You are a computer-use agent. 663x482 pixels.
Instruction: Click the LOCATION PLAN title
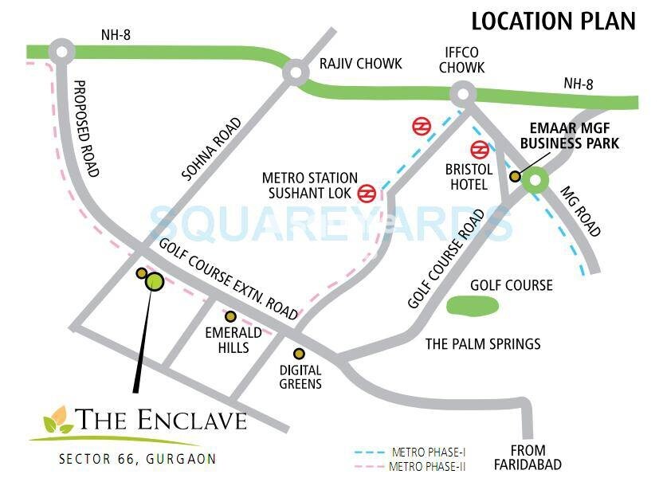[x=553, y=20]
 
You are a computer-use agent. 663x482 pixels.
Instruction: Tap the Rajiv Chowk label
[x=360, y=64]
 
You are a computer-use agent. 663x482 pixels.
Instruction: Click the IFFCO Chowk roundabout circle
[x=461, y=93]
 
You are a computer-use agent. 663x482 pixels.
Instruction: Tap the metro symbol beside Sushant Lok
[x=367, y=192]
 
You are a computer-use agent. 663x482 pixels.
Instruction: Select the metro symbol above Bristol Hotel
[x=479, y=149]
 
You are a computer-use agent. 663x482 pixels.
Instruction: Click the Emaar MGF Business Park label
[x=575, y=135]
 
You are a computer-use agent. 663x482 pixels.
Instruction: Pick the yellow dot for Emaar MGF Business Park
[x=516, y=177]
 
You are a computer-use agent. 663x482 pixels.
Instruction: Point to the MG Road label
[x=580, y=211]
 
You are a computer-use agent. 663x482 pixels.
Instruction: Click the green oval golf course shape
[x=472, y=305]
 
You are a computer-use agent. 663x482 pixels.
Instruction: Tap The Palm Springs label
[x=483, y=343]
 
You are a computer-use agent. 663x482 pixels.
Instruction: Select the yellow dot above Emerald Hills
[x=230, y=316]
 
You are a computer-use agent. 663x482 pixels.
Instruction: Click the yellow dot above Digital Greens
[x=299, y=353]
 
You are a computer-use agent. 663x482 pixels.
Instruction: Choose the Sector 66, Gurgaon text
[x=136, y=459]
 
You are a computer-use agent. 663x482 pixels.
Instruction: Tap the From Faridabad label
[x=527, y=457]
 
